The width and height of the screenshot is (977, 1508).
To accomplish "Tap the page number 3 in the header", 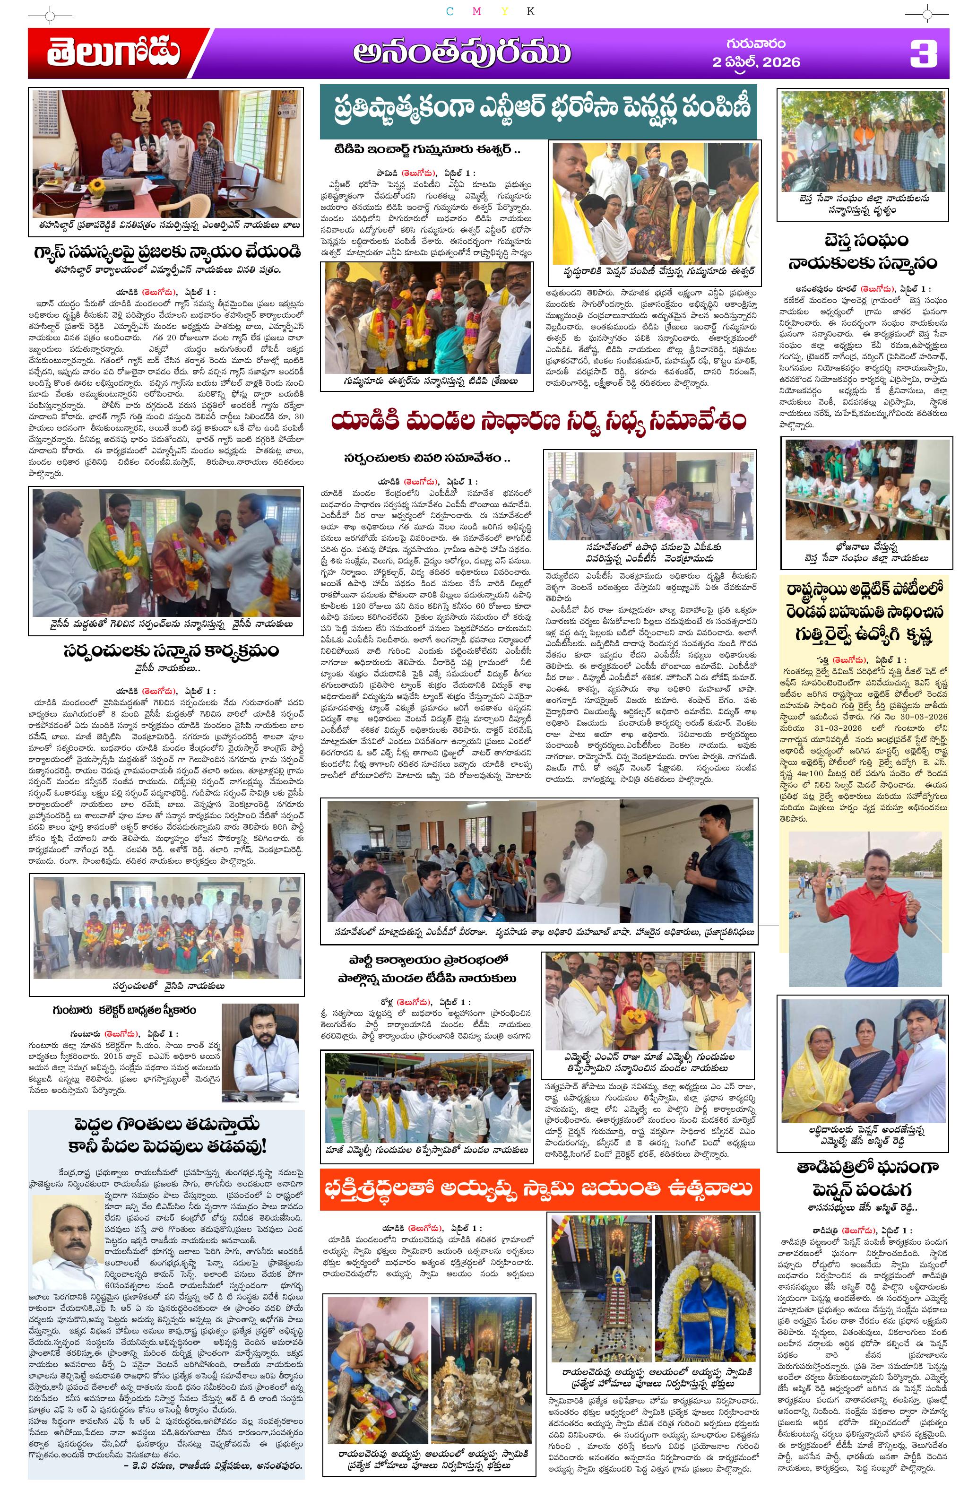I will pos(923,54).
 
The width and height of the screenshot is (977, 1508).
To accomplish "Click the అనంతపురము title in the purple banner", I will pos(461,54).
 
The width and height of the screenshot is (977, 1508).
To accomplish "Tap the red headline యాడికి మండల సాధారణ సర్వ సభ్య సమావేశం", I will pos(538,421).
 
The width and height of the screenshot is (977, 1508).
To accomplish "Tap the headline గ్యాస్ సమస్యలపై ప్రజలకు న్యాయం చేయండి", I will pos(167,251).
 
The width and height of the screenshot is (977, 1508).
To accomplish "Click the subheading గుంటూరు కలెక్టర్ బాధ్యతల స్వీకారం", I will pos(124,1009).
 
